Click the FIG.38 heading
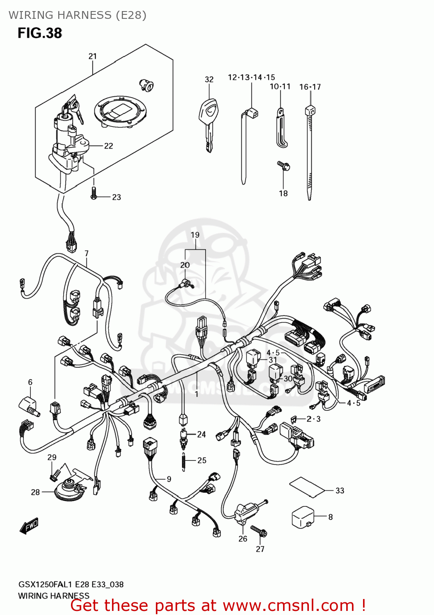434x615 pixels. [x=40, y=33]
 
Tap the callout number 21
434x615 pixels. [x=93, y=56]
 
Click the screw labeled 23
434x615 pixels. [x=94, y=194]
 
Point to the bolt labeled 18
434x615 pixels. [x=283, y=166]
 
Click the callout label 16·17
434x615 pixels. [x=310, y=87]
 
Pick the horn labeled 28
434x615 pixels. [x=68, y=490]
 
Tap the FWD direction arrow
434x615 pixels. [x=29, y=526]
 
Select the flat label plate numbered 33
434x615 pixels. [x=308, y=487]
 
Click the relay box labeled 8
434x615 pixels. [x=303, y=518]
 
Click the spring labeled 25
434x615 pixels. [x=183, y=462]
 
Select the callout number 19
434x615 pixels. [x=195, y=235]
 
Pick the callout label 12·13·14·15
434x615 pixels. [x=251, y=77]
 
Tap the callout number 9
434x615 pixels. [x=169, y=479]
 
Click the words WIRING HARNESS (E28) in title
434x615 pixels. [x=78, y=15]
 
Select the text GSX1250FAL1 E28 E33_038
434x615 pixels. [x=71, y=584]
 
